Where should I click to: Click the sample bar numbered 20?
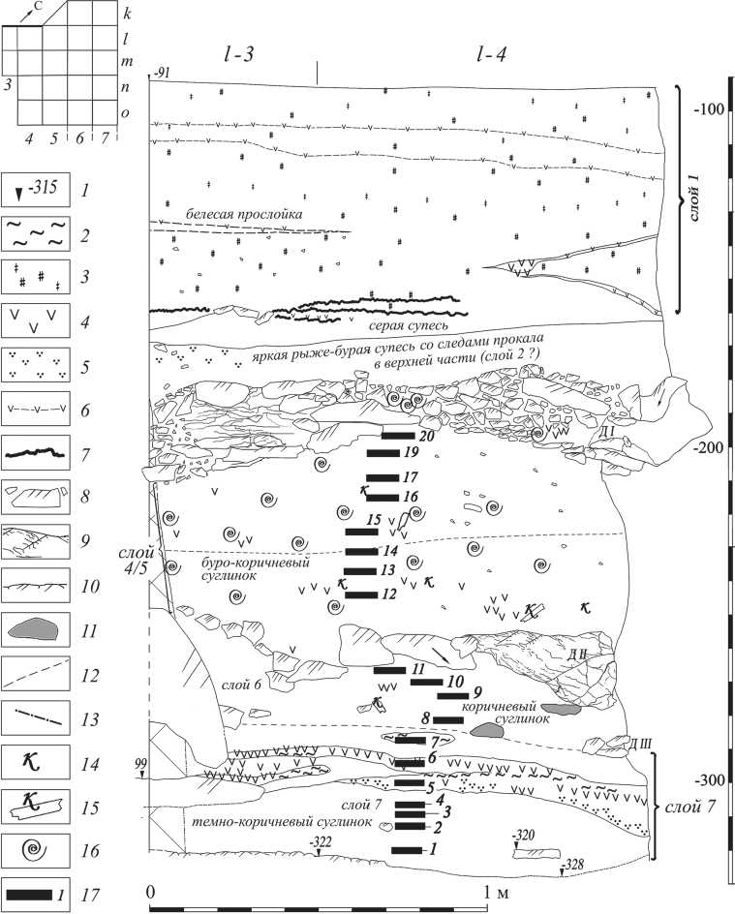pyautogui.click(x=398, y=436)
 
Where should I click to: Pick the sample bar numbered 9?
pyautogui.click(x=453, y=695)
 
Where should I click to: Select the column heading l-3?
pyautogui.click(x=238, y=56)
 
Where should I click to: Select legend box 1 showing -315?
pyautogui.click(x=36, y=187)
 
